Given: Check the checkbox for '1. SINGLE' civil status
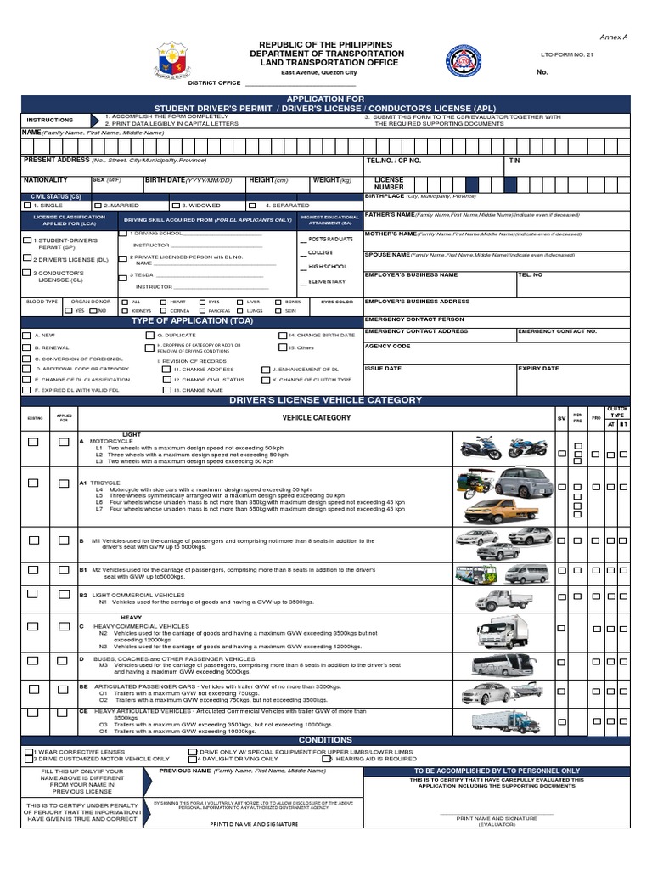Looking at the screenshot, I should [27, 206].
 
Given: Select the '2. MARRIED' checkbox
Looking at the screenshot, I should [98, 206].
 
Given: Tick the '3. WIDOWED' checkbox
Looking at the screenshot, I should [175, 206].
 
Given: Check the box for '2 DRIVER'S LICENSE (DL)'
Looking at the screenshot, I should [26, 257].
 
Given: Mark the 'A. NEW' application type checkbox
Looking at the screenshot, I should [26, 336].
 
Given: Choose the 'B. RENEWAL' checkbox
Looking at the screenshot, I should [26, 347].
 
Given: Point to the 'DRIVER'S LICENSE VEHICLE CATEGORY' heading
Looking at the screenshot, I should [326, 400].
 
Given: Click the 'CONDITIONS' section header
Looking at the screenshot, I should [326, 740].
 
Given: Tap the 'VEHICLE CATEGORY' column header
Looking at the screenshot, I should [316, 418].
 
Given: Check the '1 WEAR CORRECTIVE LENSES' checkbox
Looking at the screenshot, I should [28, 752].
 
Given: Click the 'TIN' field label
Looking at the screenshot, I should [514, 160].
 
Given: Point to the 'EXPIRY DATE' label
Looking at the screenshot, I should [538, 369].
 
